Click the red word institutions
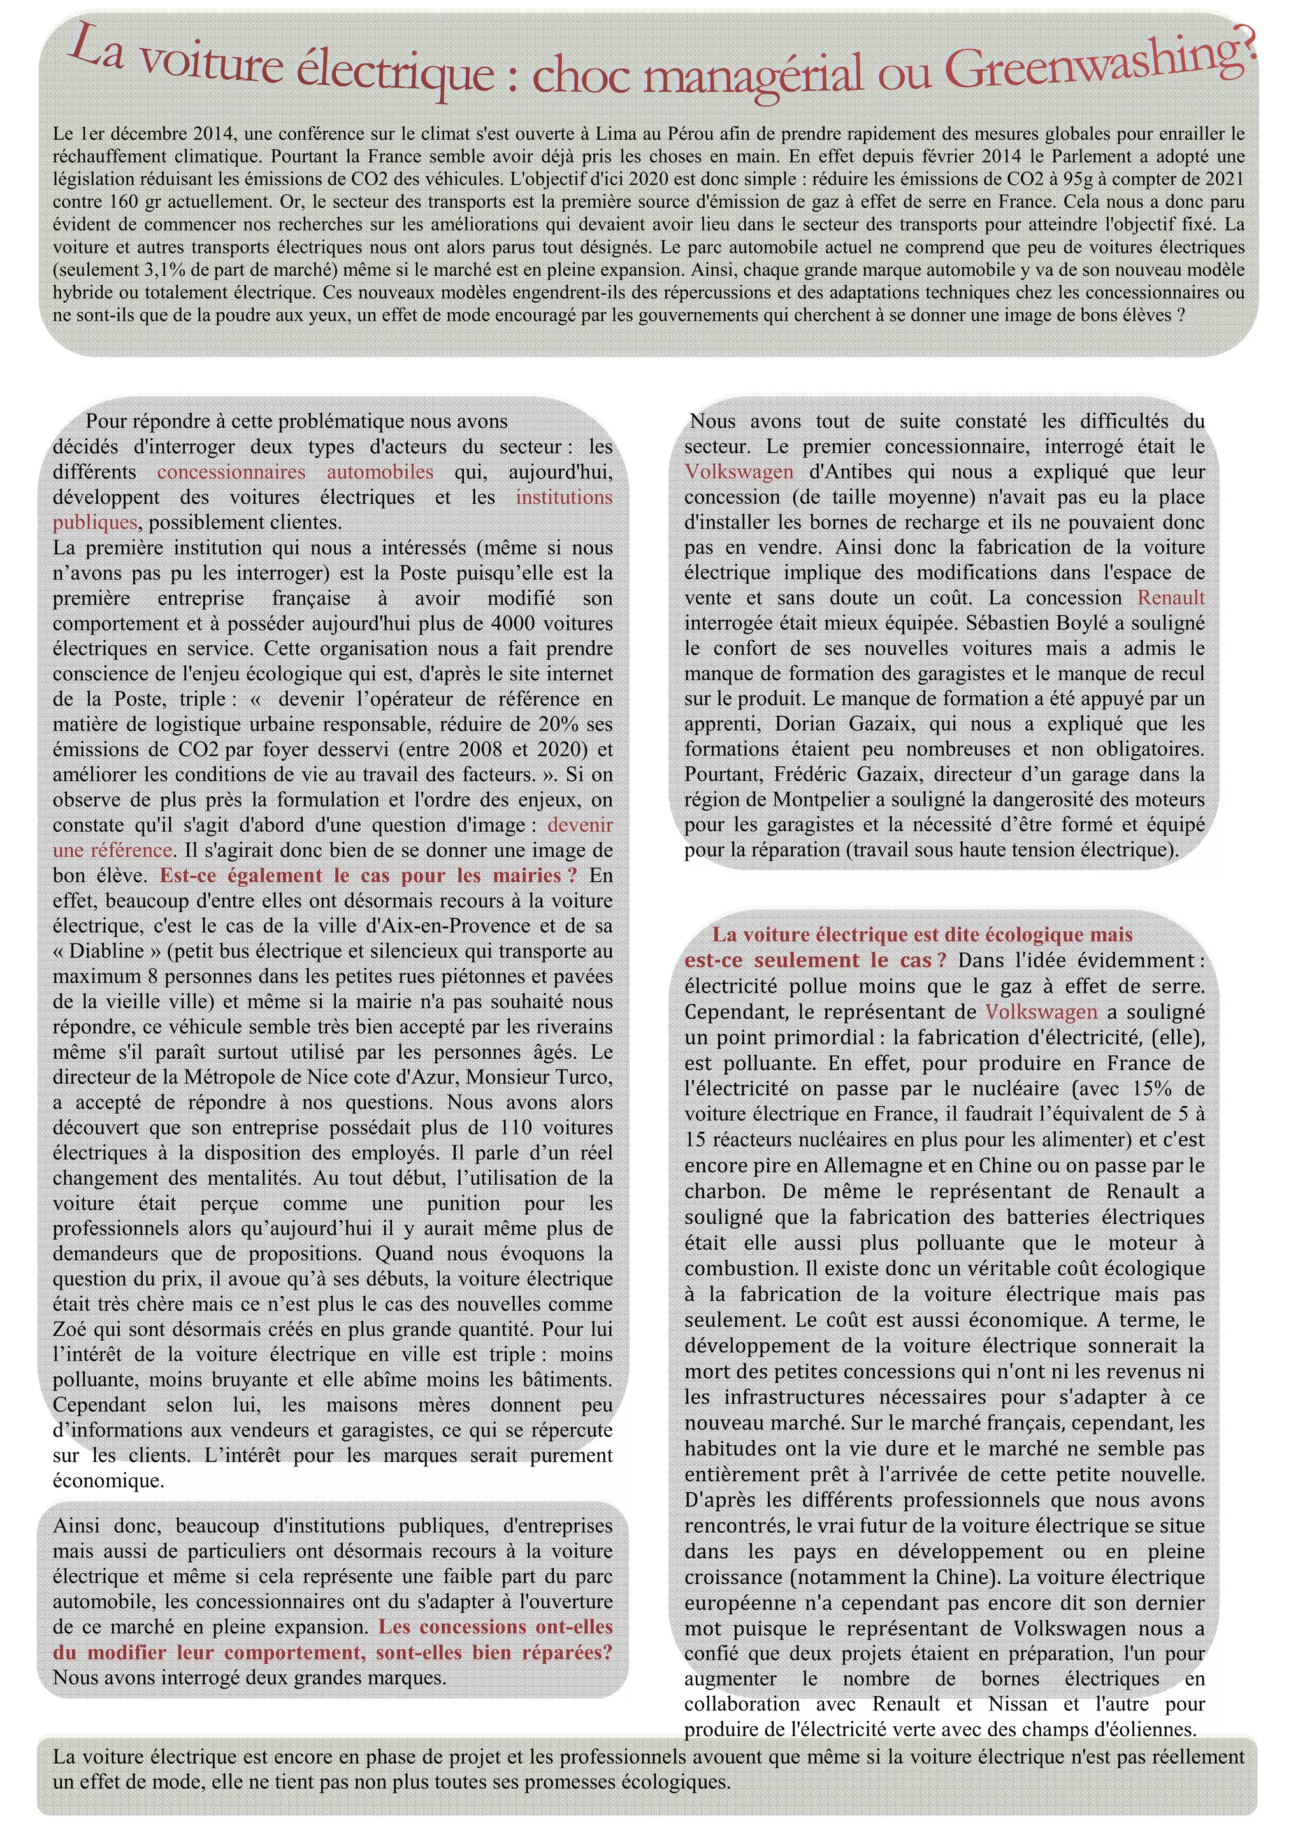pyautogui.click(x=564, y=497)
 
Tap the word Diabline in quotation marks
pyautogui.click(x=105, y=951)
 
